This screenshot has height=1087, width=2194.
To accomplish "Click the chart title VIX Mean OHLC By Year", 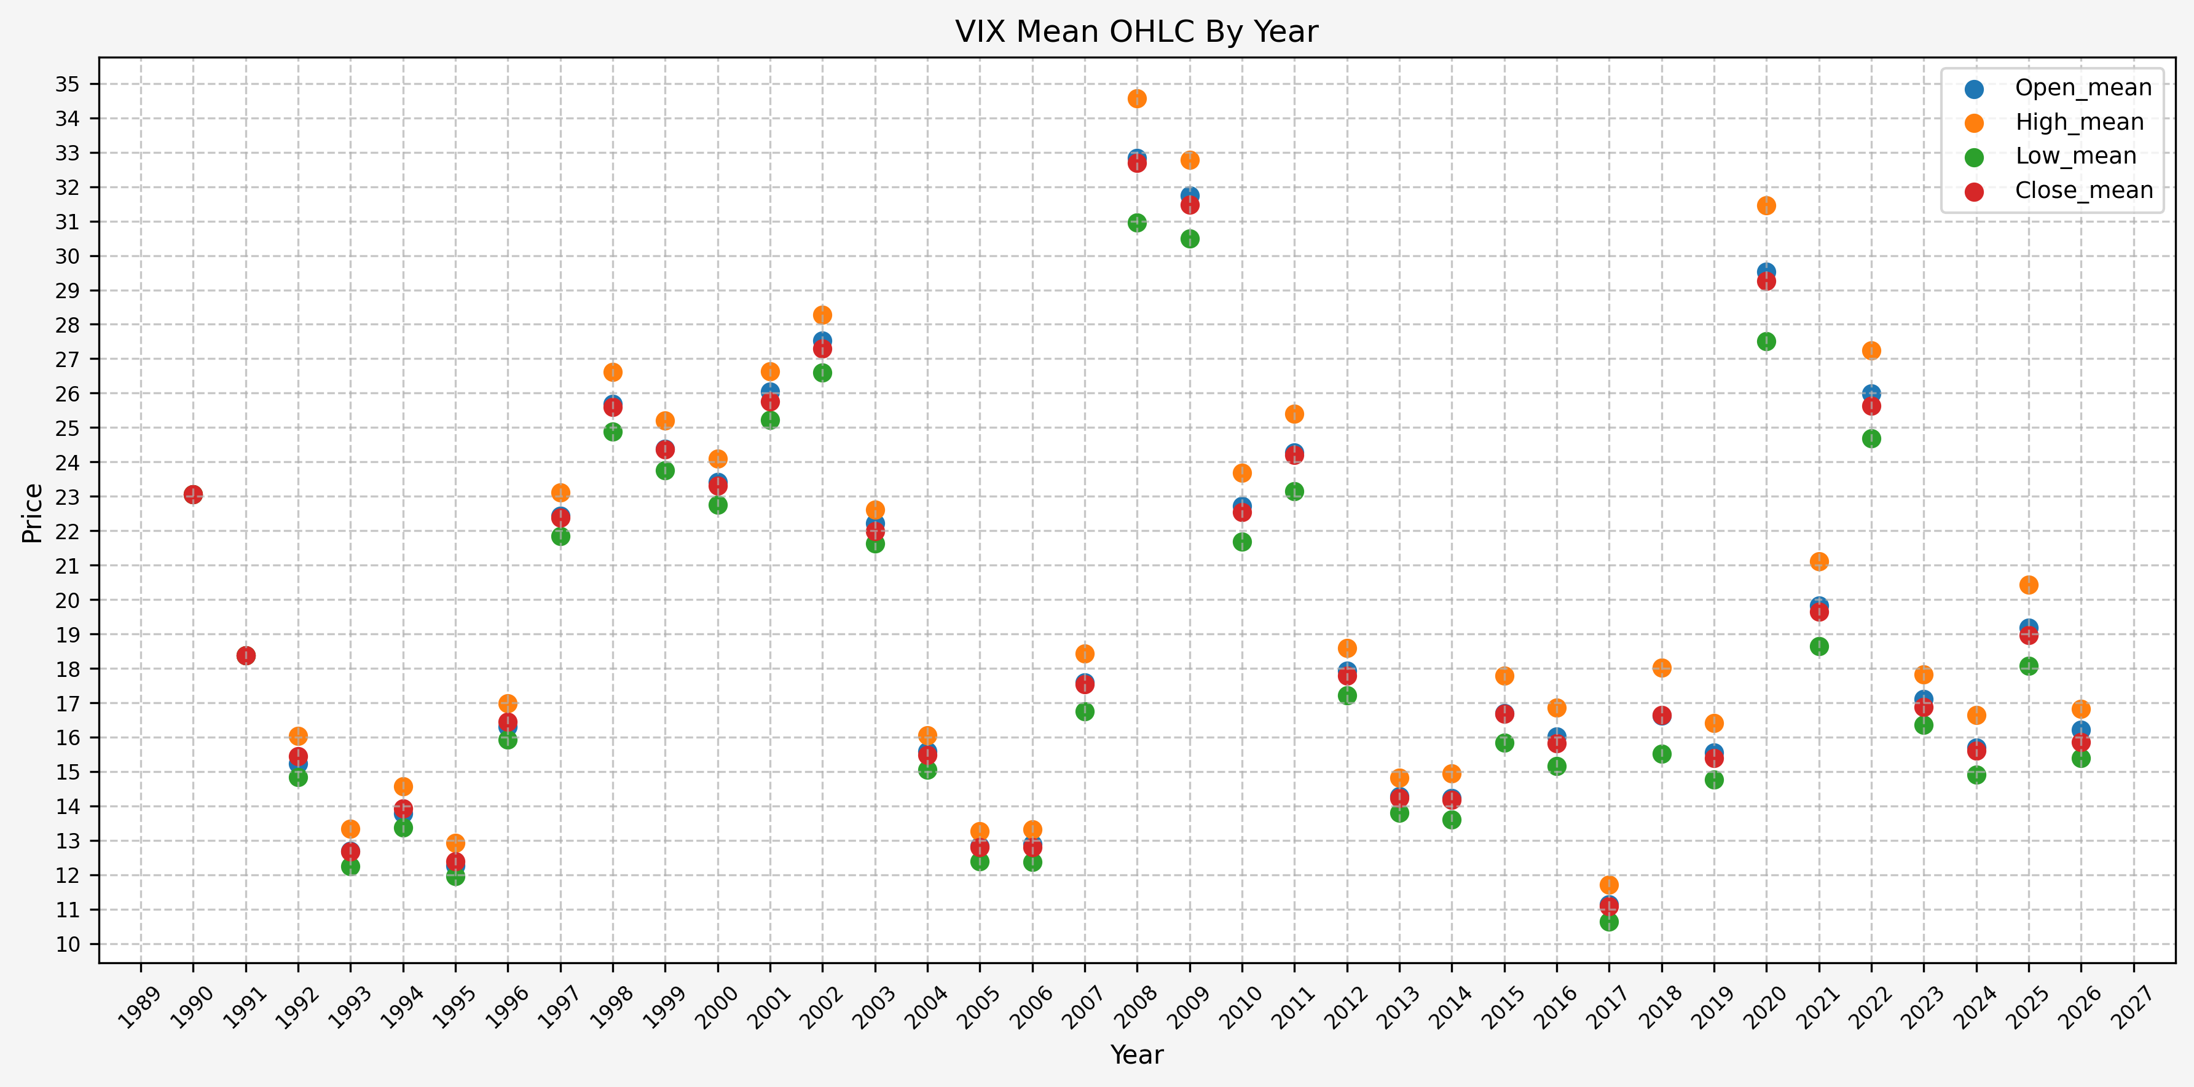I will click(1136, 31).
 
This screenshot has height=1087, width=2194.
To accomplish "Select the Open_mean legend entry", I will click(2082, 88).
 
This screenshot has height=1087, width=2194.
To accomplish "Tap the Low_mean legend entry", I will click(2075, 156).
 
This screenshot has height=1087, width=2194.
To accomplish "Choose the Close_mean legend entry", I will click(2082, 190).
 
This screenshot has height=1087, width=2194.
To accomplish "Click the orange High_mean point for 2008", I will click(1137, 99).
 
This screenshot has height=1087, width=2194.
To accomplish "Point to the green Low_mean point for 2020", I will click(1766, 342).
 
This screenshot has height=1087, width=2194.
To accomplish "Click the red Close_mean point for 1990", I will click(194, 495).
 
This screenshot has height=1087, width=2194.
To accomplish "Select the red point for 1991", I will click(246, 656).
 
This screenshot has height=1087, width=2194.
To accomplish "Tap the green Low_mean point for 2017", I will click(1609, 922).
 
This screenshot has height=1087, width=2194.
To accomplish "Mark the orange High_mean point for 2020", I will click(1766, 205).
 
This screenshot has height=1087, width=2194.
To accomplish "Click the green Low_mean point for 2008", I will click(1137, 223).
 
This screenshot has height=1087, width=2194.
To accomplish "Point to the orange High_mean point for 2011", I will click(1295, 414).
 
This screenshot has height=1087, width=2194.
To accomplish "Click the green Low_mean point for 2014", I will click(1452, 820).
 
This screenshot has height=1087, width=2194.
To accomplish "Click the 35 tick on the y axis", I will click(67, 84).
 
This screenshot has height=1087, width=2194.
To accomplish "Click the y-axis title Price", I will click(33, 513).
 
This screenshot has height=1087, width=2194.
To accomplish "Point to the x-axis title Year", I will click(1136, 1054).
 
